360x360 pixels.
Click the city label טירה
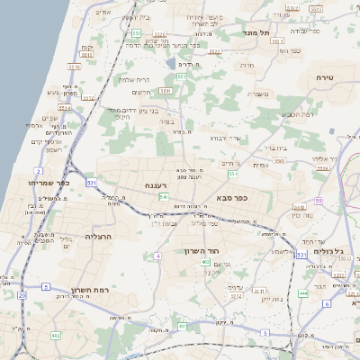pyautogui.click(x=325, y=79)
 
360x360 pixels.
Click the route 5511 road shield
pyautogui.click(x=165, y=90)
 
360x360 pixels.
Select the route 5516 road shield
pyautogui.click(x=75, y=67)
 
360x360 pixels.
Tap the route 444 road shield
pyautogui.click(x=303, y=292)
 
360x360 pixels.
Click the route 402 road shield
pyautogui.click(x=206, y=262)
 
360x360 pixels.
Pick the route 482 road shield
pyautogui.click(x=56, y=335)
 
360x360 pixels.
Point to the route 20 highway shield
pyautogui.click(x=22, y=294)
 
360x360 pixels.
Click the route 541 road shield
pyautogui.click(x=163, y=195)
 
